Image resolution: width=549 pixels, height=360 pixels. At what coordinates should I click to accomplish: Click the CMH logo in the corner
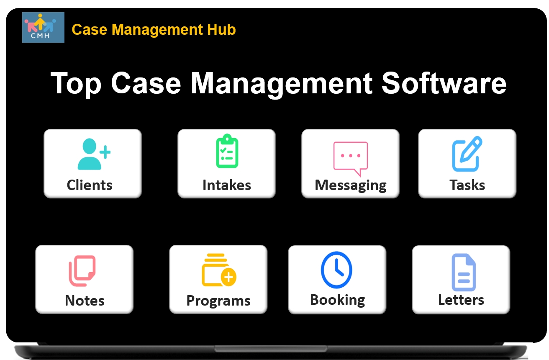[43, 27]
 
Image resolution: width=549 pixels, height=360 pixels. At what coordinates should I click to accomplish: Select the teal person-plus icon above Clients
[93, 154]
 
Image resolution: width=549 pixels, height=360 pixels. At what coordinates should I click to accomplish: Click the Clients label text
[90, 185]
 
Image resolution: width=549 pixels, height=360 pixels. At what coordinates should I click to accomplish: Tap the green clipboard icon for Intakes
[227, 151]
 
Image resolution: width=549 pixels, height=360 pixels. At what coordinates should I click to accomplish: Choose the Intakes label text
[227, 185]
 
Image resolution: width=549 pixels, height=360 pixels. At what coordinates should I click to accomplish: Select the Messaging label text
[351, 185]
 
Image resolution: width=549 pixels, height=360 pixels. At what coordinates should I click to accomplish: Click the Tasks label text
[467, 185]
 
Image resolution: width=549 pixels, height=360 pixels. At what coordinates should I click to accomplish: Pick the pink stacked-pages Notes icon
[82, 271]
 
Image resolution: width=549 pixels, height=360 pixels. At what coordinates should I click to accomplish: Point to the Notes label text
[85, 301]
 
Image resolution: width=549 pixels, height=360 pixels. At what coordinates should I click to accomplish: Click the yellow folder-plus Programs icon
[219, 270]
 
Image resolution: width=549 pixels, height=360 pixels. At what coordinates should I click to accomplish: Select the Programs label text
[218, 301]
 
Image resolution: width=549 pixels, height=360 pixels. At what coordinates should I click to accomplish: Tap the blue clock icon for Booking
[336, 270]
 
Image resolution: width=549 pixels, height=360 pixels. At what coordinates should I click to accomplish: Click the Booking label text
[337, 300]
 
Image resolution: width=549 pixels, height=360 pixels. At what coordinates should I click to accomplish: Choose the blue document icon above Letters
[464, 273]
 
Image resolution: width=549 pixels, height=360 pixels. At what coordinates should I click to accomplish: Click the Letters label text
[461, 300]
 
